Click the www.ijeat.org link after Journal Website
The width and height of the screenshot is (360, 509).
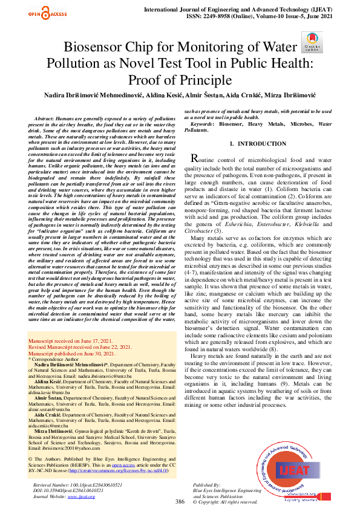click(84, 496)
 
